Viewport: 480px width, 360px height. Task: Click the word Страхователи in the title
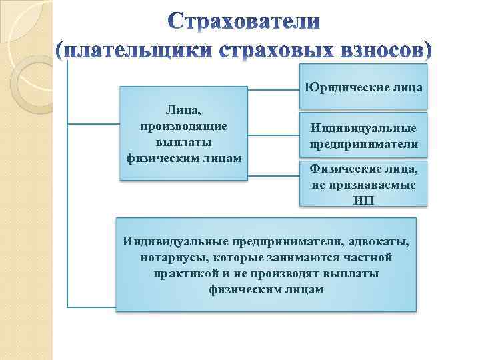coord(243,22)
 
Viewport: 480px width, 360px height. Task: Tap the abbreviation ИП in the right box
coord(363,199)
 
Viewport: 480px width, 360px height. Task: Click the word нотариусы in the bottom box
coord(171,257)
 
